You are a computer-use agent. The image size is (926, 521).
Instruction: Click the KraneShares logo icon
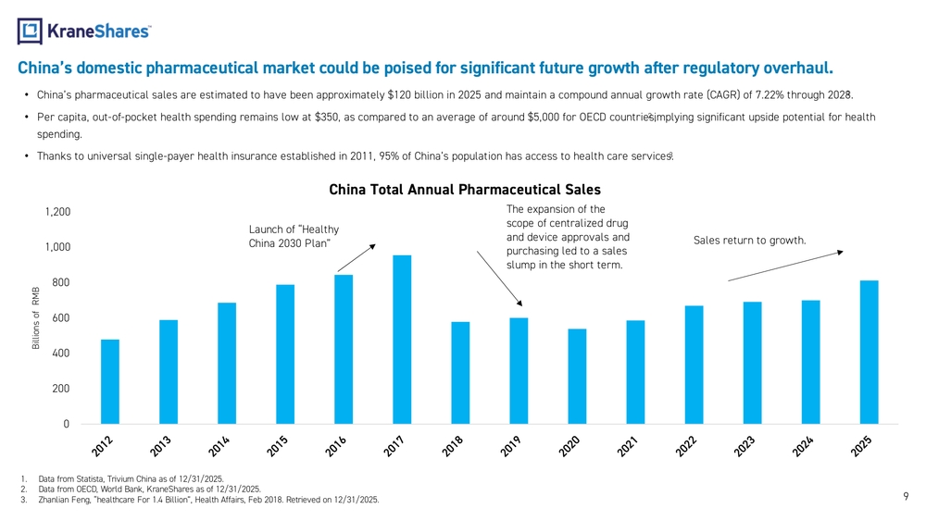[x=30, y=31]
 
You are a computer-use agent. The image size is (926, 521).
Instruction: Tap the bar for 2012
[x=110, y=381]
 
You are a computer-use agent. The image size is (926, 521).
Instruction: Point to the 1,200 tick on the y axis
[x=57, y=213]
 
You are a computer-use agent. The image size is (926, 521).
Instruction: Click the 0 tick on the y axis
[x=66, y=425]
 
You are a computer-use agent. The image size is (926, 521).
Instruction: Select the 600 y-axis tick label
[x=60, y=318]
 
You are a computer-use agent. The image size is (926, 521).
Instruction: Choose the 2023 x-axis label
[x=746, y=447]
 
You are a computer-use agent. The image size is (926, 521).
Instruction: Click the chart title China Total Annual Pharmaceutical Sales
[x=464, y=190]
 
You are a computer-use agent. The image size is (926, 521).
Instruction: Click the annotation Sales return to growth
[x=749, y=242]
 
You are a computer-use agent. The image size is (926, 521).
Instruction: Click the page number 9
[x=906, y=497]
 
